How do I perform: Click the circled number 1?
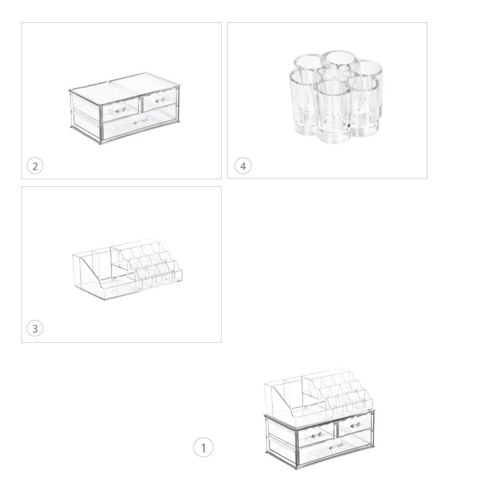click(x=203, y=448)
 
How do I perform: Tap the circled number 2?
click(x=35, y=166)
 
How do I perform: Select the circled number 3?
click(x=35, y=328)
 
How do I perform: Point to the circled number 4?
click(x=243, y=166)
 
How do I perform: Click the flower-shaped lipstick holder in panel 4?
click(x=335, y=97)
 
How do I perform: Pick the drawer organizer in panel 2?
click(x=125, y=109)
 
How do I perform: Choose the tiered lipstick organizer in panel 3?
click(x=128, y=270)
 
